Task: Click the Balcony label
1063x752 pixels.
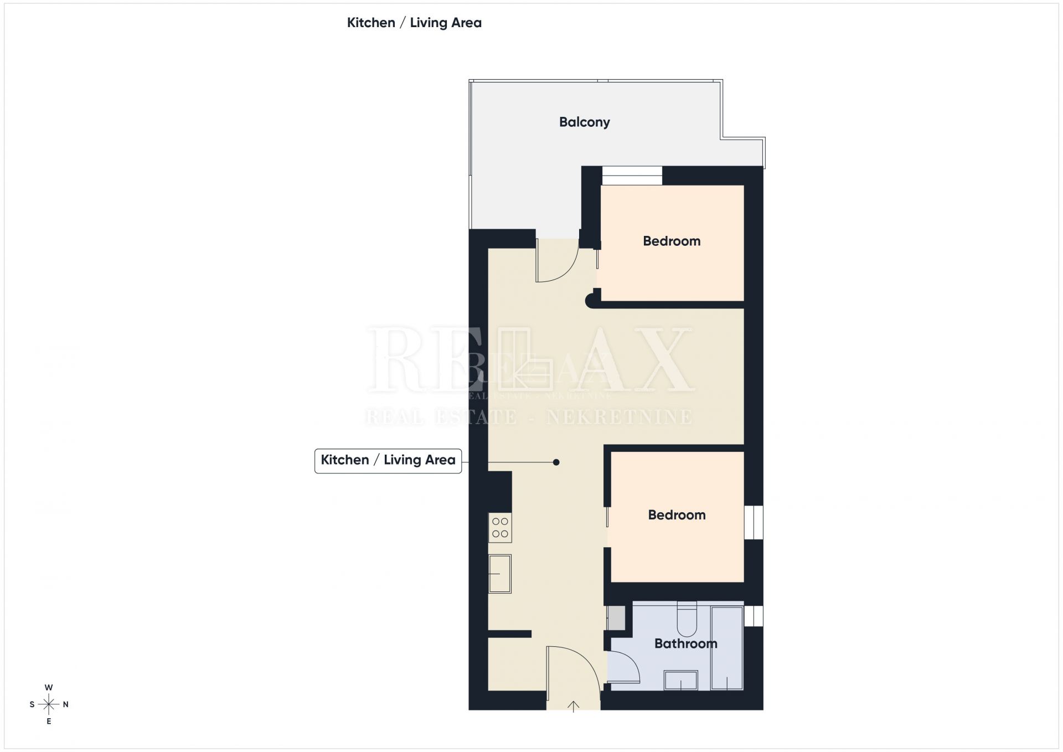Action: (584, 122)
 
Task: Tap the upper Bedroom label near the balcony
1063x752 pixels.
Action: (672, 241)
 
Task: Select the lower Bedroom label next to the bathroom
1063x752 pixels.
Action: (677, 515)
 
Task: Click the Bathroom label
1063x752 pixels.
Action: (686, 643)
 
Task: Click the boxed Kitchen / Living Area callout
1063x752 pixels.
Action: (388, 460)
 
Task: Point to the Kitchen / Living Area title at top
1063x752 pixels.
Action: (414, 23)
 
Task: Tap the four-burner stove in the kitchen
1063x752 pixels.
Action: (500, 528)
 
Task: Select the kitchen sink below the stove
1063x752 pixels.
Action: (499, 574)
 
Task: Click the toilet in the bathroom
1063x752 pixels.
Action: (687, 619)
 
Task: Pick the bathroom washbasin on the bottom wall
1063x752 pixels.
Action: (681, 681)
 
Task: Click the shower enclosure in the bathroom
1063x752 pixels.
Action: (727, 648)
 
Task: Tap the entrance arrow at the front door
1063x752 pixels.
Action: (573, 706)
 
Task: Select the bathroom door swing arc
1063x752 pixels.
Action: (630, 662)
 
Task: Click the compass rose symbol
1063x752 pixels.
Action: (49, 704)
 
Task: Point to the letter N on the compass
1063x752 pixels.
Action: (66, 704)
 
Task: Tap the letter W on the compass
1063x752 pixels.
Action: (49, 687)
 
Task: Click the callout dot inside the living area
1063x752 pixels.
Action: (556, 462)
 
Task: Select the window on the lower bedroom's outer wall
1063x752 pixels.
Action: (754, 522)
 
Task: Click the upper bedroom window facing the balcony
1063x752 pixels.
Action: (632, 176)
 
